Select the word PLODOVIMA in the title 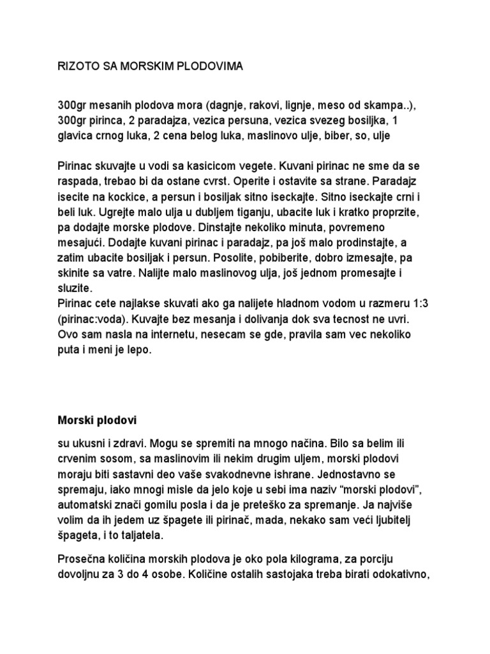click(208, 66)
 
